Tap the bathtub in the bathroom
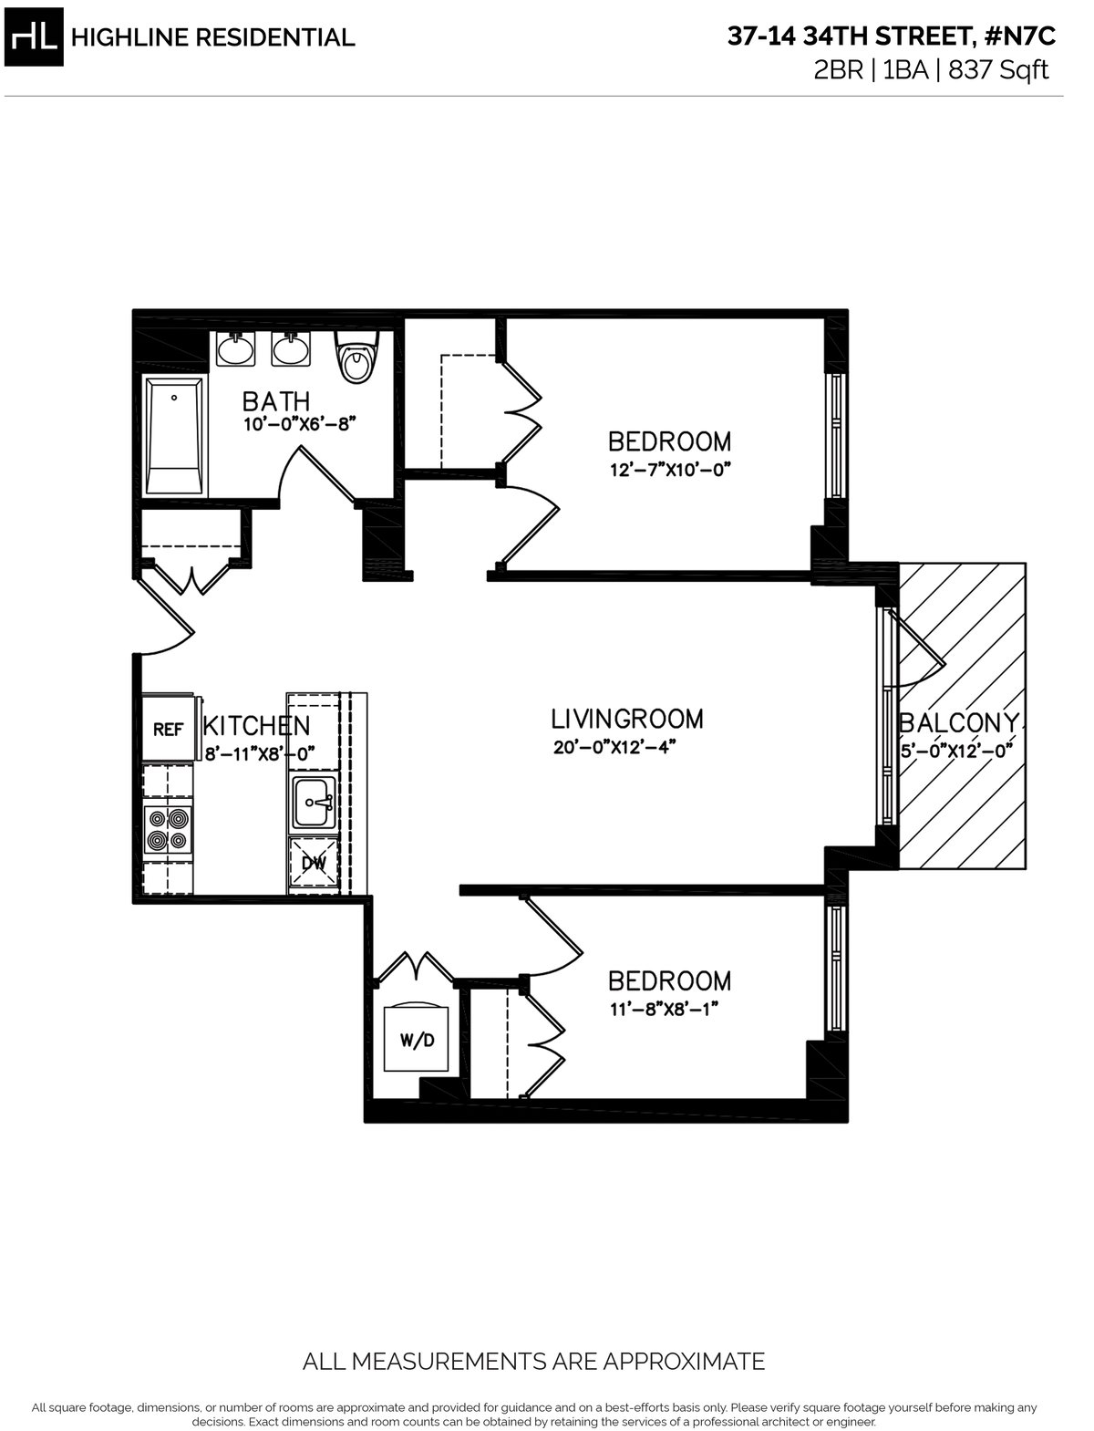coord(174,437)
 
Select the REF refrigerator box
coord(168,729)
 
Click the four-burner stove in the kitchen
coord(169,828)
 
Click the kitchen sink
coord(315,804)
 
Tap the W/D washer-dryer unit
coord(417,1040)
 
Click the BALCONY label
coord(961,722)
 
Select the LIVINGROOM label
coord(627,719)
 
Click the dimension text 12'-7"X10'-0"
coord(671,471)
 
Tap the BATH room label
coord(275,400)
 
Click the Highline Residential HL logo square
coord(36,37)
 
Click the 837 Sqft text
coord(999,70)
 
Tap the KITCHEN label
coord(256,726)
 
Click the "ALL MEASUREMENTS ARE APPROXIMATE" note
coord(533,1363)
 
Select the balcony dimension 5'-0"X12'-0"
coord(957,752)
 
